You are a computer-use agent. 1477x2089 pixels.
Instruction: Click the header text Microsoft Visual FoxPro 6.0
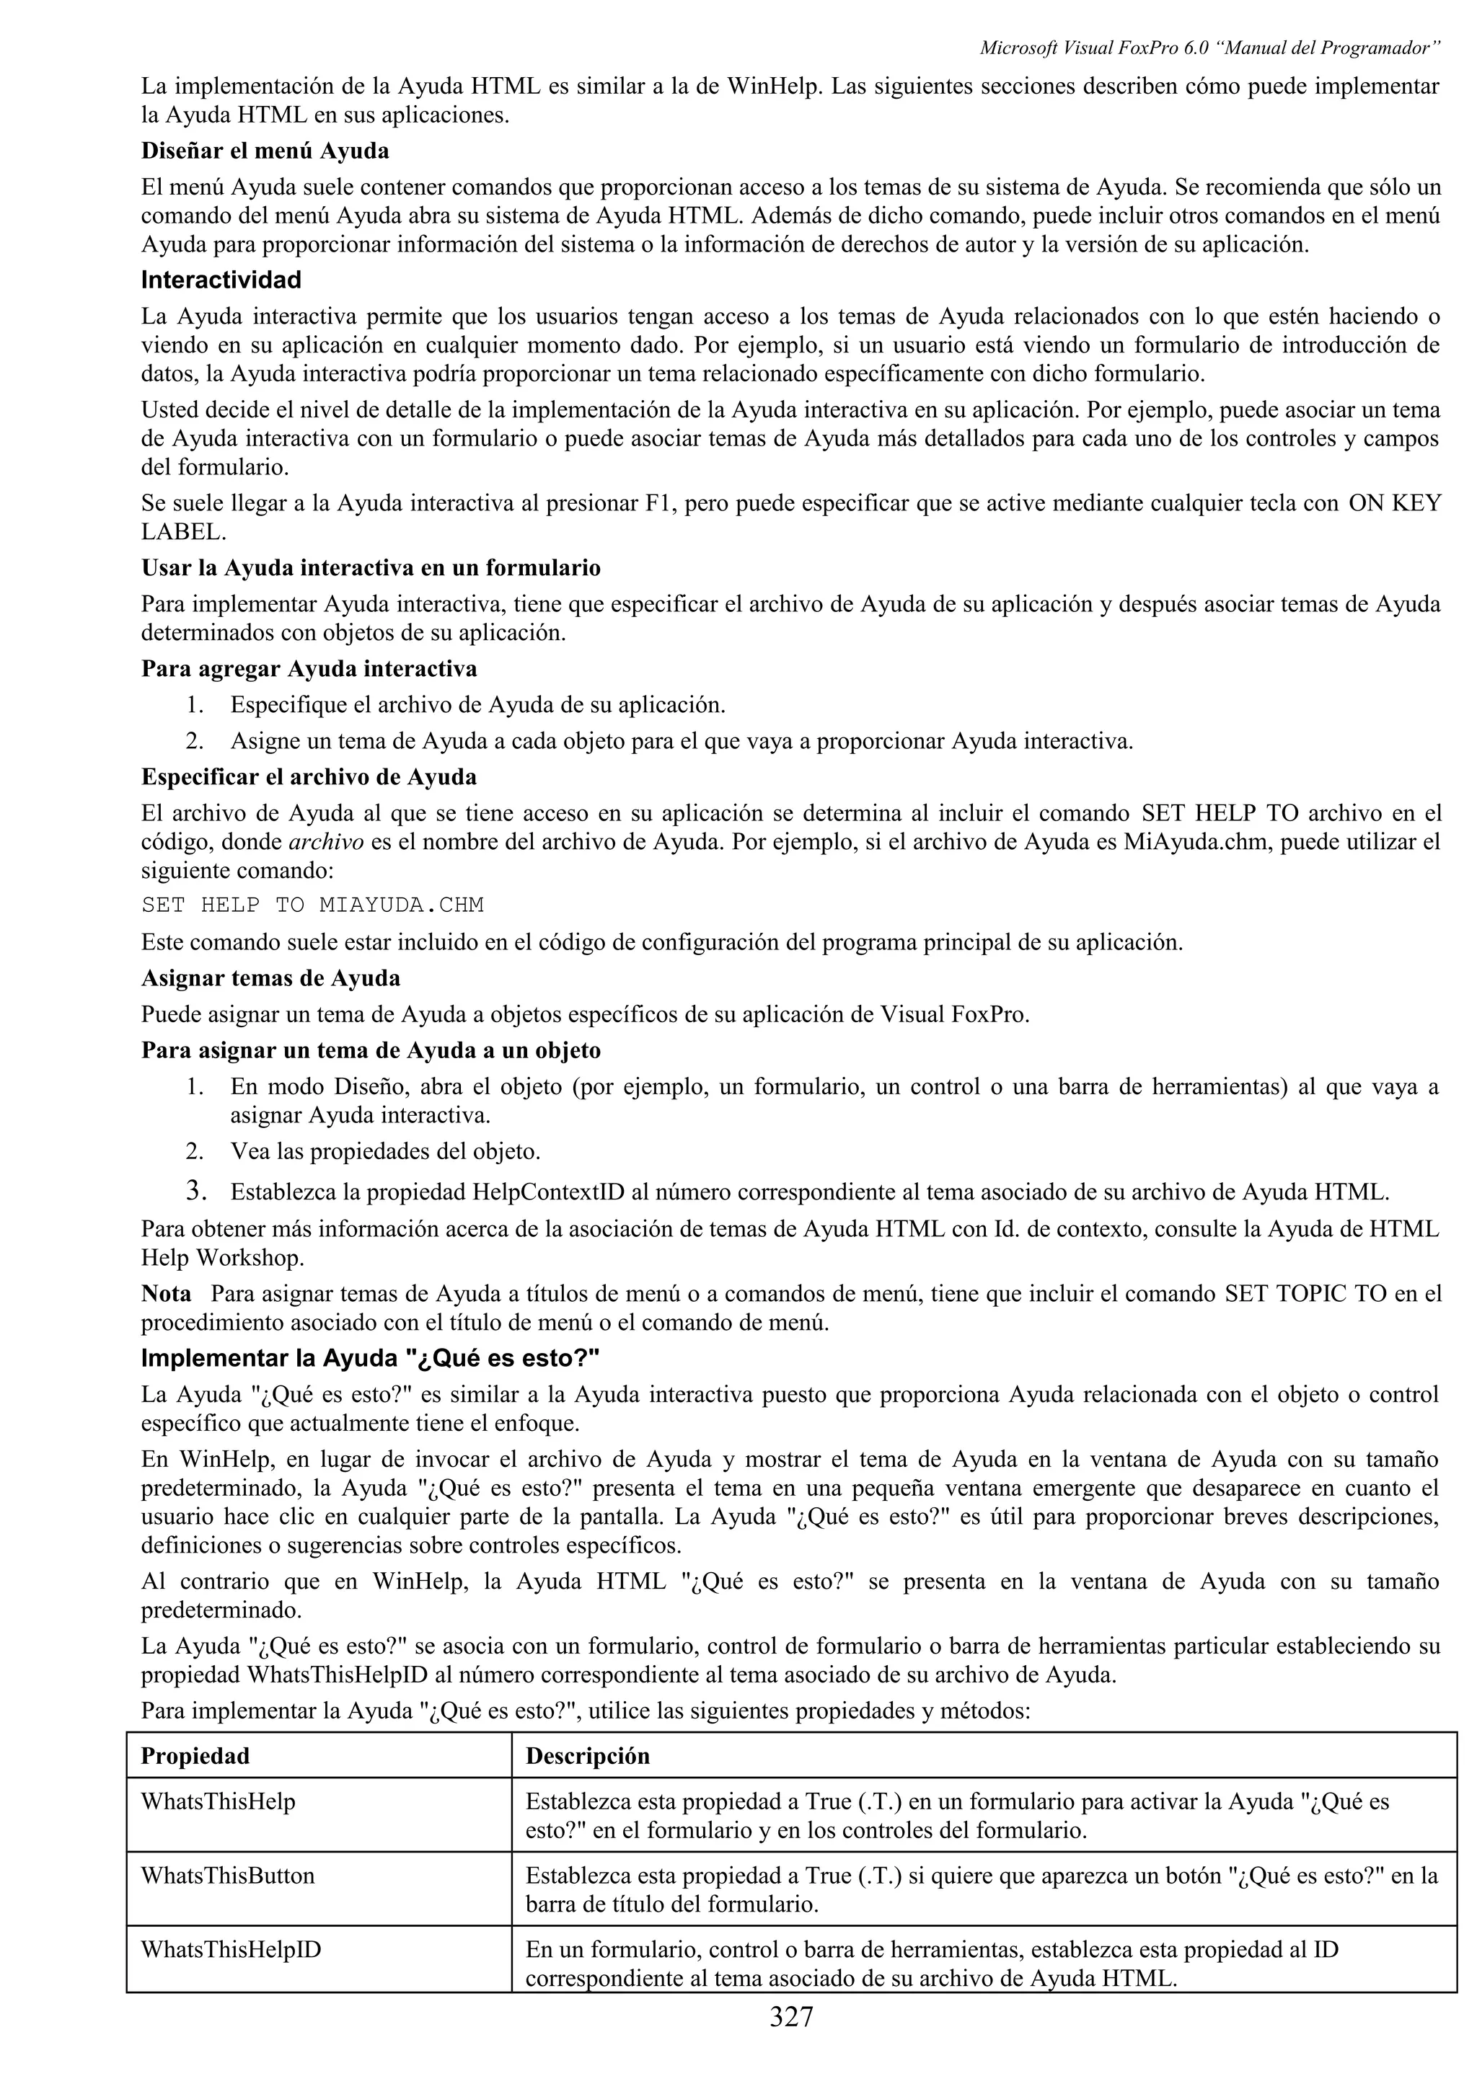click(x=1093, y=48)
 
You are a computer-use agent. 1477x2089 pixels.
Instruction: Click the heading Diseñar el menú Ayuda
click(x=265, y=150)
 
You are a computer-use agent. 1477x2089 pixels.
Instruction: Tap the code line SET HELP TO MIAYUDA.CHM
click(x=312, y=905)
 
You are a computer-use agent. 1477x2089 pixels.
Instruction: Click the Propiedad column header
click(x=195, y=1756)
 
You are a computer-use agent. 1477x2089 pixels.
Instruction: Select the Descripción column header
click(x=587, y=1756)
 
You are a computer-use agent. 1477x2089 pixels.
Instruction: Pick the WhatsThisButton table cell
click(x=227, y=1875)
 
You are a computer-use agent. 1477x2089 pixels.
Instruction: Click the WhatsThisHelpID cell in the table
click(x=230, y=1950)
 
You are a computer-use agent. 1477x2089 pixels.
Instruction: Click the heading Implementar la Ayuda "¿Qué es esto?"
click(x=371, y=1358)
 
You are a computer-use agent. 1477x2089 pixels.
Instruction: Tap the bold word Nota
click(x=166, y=1294)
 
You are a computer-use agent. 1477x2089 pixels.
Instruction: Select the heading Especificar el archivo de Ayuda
click(x=309, y=777)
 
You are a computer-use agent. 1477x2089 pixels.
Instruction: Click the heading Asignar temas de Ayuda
click(x=270, y=978)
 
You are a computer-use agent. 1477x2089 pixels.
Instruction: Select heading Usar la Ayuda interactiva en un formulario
click(x=371, y=569)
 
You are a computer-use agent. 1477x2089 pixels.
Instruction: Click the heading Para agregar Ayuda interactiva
click(x=309, y=669)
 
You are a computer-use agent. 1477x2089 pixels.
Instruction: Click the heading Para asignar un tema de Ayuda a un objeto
click(x=371, y=1051)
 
